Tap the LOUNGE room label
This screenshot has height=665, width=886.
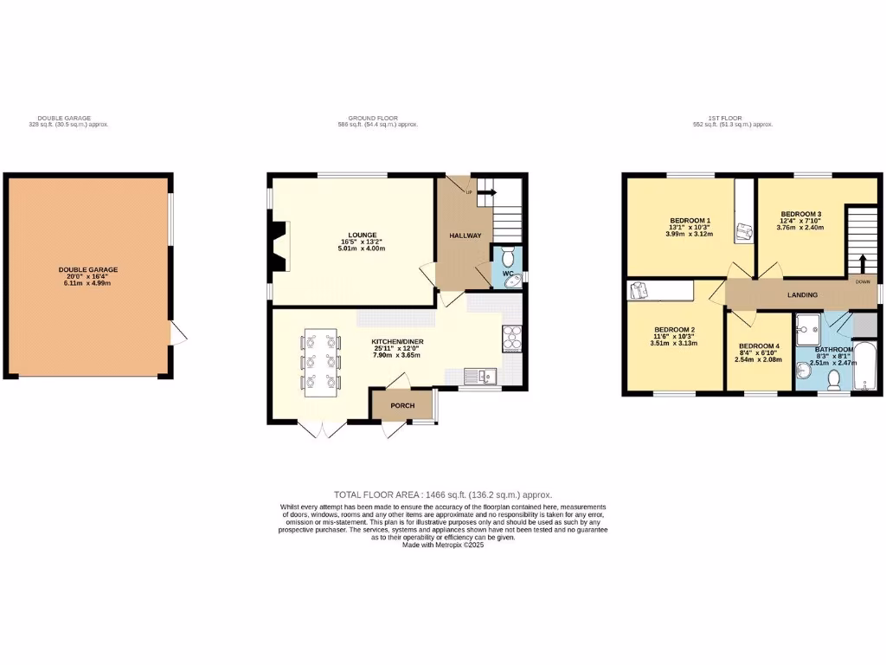point(362,235)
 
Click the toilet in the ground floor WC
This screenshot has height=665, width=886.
point(508,256)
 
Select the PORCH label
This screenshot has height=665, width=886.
point(402,405)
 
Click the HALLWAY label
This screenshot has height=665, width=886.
point(465,236)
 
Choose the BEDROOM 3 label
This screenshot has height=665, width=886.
point(800,214)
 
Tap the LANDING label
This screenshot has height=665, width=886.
point(802,295)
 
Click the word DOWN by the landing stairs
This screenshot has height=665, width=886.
point(863,281)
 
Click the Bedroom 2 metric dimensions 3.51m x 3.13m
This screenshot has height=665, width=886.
point(675,344)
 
